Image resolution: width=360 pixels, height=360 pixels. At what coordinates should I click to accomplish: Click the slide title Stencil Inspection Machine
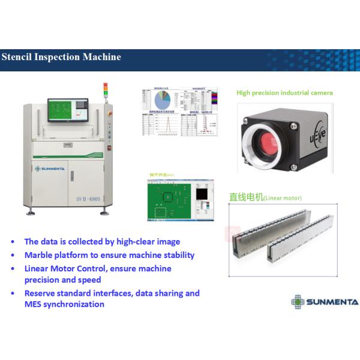(61, 58)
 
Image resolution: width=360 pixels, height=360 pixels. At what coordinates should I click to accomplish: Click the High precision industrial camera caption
(284, 93)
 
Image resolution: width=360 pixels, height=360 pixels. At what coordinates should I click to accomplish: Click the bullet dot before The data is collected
(13, 242)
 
